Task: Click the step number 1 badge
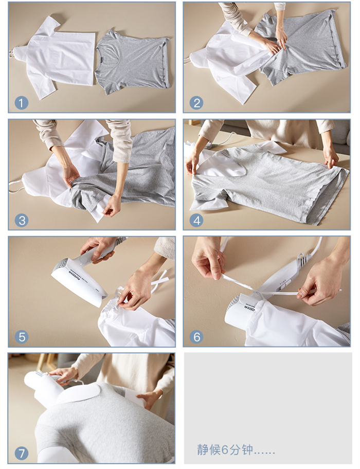tap(21, 102)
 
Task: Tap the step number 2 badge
tap(196, 102)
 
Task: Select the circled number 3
tap(21, 220)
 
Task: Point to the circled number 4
tap(196, 220)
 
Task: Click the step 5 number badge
tap(21, 337)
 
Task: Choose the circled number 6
tap(196, 337)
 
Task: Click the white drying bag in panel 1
tap(57, 57)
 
